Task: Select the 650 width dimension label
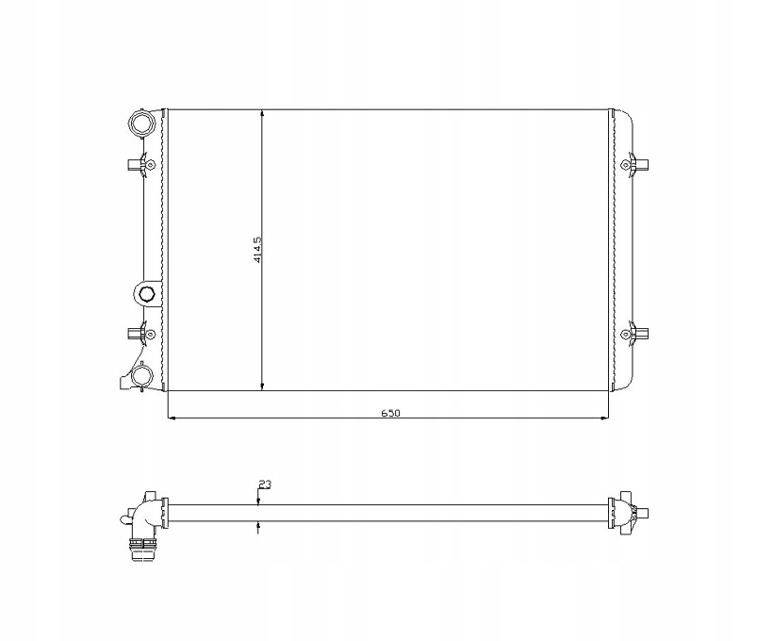(x=390, y=412)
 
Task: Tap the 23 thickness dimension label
(x=265, y=485)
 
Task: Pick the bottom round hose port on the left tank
(x=141, y=375)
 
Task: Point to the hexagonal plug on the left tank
(x=146, y=294)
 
